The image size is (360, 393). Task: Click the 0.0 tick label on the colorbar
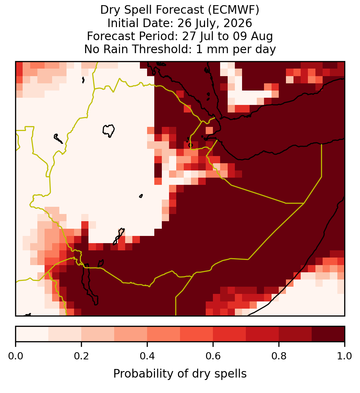(15, 356)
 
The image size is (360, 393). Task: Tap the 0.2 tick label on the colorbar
(81, 356)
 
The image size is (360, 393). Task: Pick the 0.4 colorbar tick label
(147, 356)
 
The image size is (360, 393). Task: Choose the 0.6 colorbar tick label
(213, 356)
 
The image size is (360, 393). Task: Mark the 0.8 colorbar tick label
(279, 356)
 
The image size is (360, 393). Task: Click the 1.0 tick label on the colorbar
(345, 356)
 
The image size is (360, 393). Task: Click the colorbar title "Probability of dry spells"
(180, 374)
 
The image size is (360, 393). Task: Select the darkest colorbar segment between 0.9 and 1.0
(328, 334)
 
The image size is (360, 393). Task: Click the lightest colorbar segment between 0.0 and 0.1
(32, 334)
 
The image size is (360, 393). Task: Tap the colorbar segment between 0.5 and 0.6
(196, 334)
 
